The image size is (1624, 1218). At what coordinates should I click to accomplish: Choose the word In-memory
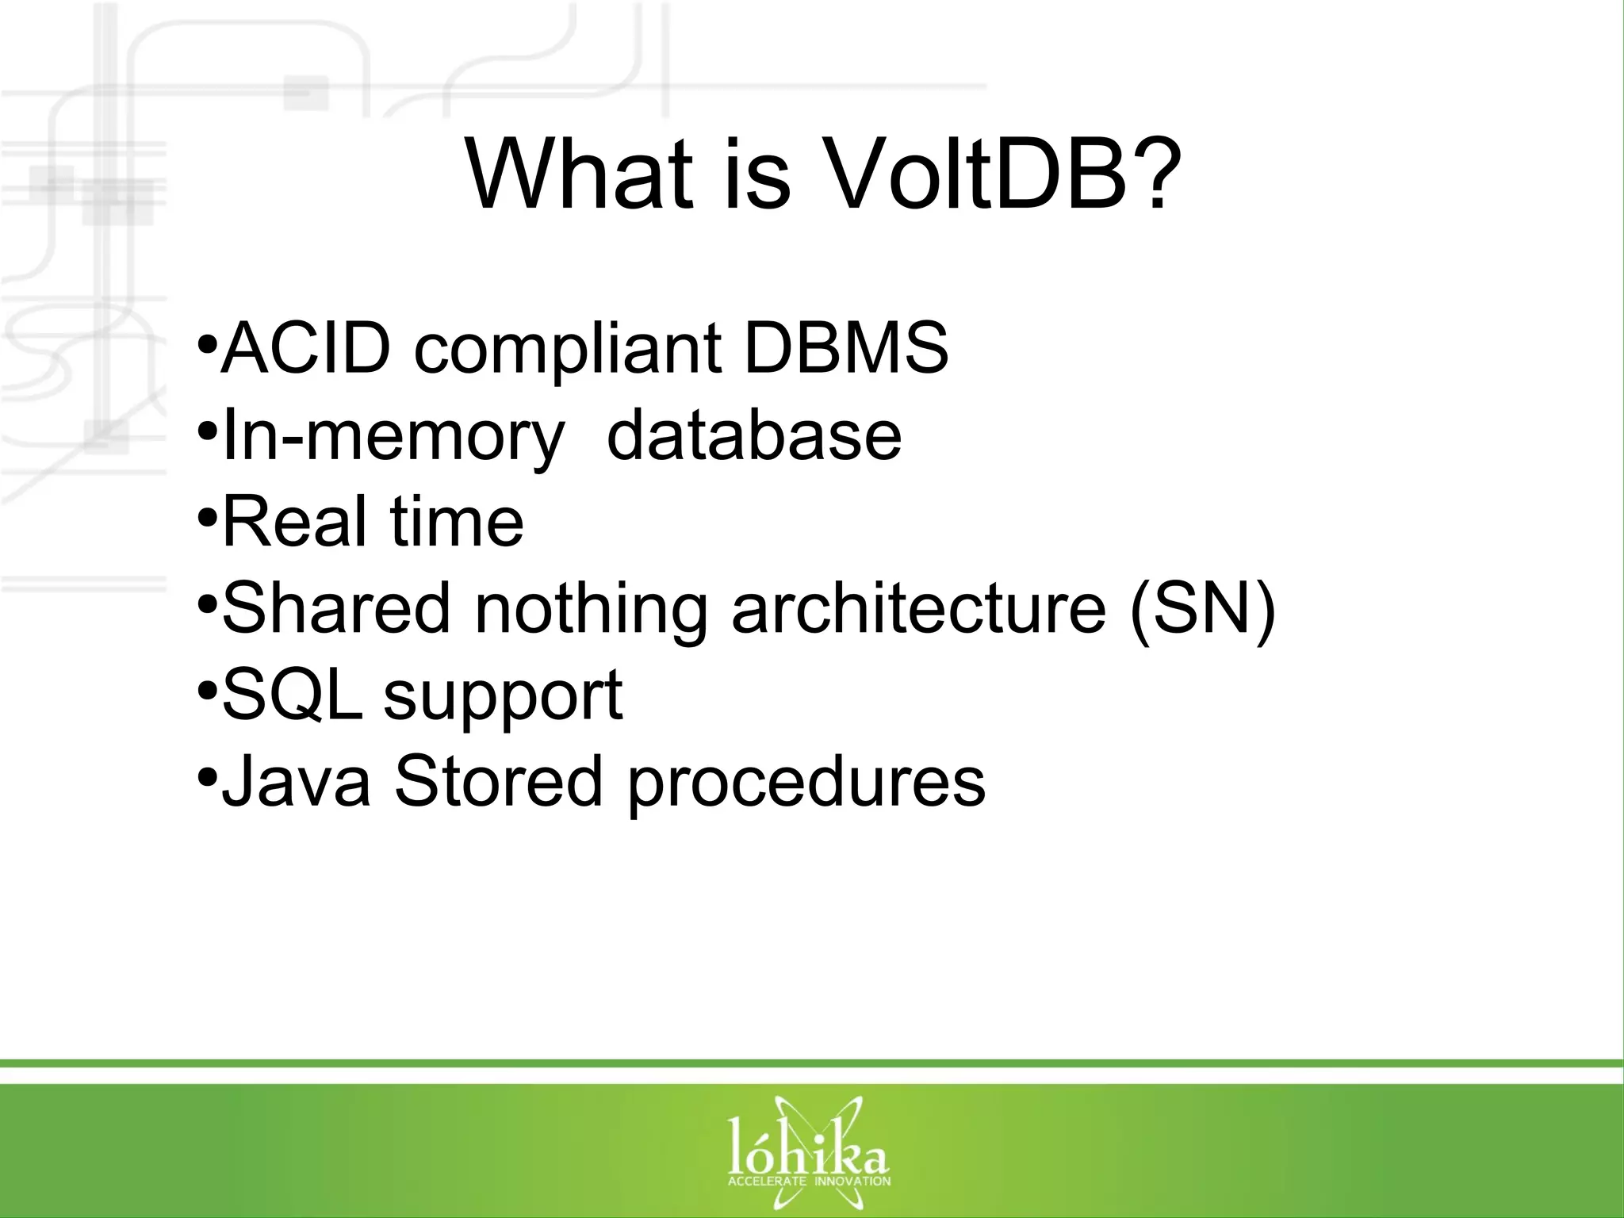point(393,435)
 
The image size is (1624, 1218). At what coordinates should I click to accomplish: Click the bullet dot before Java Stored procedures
point(207,775)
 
